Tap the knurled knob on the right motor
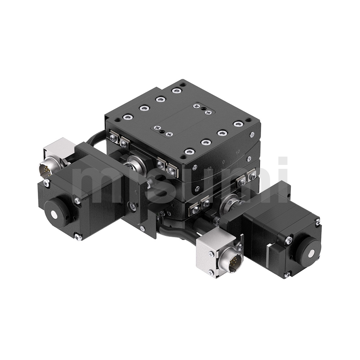coord(308,252)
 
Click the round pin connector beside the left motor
coord(46,170)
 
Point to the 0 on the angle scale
coord(224,162)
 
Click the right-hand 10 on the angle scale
coord(238,152)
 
